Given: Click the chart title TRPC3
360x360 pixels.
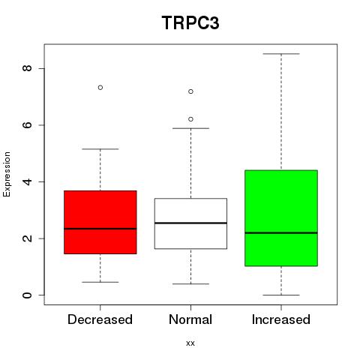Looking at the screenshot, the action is pos(190,22).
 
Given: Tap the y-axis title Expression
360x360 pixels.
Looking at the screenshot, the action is pos(7,174).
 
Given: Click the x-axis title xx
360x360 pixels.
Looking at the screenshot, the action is pos(190,343).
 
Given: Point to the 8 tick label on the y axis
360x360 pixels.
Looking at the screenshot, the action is pos(27,68).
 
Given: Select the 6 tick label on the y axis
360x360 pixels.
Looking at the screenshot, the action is pos(27,125).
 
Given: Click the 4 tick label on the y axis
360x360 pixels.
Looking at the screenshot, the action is pos(27,181).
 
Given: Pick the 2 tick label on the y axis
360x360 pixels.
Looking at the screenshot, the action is pos(27,238).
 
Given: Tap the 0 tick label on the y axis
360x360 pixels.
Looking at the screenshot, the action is pos(27,295).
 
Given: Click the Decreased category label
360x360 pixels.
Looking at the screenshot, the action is pos(100,319).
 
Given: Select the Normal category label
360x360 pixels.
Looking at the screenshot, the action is pos(190,319).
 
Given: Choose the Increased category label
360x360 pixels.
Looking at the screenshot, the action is pos(281,319).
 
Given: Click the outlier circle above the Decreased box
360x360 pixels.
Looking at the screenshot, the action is pos(100,88).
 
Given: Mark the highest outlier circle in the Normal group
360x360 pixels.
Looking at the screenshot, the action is pos(190,91).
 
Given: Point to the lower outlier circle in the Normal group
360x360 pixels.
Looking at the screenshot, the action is pos(190,119).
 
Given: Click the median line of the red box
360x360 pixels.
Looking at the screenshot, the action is pos(100,229).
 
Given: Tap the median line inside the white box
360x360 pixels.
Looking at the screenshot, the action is pos(190,223).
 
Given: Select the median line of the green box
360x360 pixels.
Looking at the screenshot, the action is pos(281,232).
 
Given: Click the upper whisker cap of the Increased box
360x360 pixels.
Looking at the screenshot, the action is pos(281,54).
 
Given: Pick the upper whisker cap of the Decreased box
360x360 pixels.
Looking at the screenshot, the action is pos(100,149).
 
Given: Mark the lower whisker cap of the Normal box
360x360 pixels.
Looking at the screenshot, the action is pos(190,284).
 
